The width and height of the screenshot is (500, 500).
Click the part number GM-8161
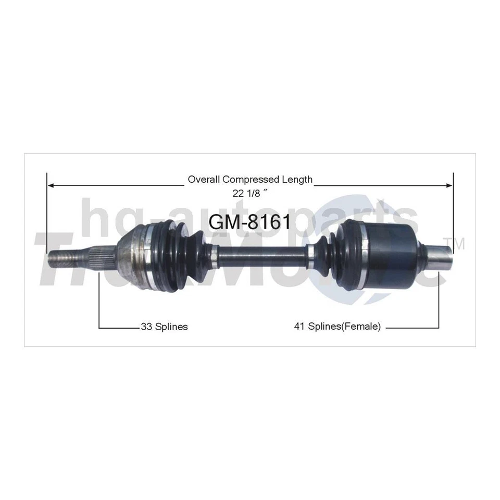(249, 221)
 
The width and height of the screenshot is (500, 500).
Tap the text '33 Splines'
(164, 327)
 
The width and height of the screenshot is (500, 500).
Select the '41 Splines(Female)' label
(337, 327)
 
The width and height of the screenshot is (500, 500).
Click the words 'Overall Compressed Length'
(250, 180)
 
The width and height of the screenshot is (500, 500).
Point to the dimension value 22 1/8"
(251, 192)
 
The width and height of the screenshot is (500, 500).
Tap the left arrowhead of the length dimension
(51, 185)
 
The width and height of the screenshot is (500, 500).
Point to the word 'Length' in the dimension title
(298, 180)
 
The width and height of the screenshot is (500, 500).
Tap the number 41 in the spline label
(299, 327)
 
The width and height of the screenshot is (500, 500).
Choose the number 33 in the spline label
(146, 327)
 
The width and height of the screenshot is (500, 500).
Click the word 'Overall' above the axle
(204, 180)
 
